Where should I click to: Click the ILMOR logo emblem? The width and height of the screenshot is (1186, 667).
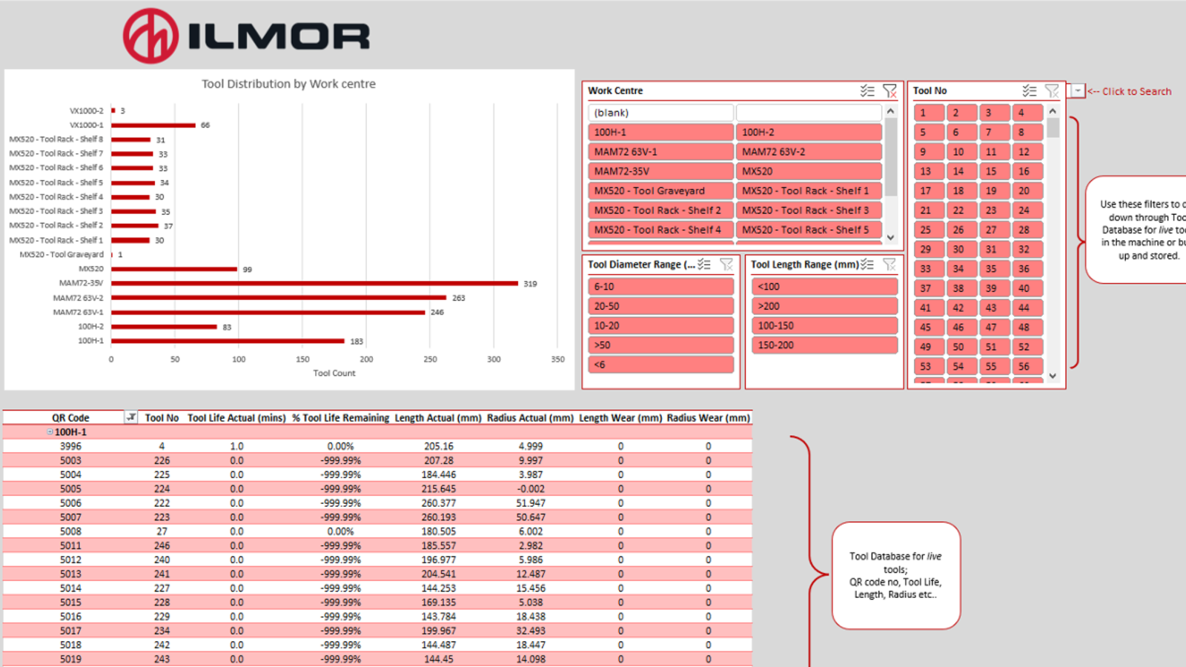150,36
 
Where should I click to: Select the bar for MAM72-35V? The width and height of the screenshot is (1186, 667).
314,283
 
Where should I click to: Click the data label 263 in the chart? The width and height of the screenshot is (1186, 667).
458,298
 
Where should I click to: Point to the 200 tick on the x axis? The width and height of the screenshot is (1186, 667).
366,359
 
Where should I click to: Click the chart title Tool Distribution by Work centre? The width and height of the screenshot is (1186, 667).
288,84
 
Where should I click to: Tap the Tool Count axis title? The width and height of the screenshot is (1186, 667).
334,374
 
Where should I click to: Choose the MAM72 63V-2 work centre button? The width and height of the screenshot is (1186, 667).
808,152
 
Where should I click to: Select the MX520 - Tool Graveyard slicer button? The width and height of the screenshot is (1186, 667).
660,190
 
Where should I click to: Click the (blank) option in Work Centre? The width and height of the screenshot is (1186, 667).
660,113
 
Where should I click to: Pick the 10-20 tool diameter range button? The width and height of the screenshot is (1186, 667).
660,325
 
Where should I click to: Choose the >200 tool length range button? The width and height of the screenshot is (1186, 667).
824,306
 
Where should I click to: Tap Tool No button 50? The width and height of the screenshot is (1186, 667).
958,347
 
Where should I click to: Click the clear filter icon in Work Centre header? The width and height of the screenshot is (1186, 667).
889,90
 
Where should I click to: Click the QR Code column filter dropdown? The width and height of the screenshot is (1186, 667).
131,417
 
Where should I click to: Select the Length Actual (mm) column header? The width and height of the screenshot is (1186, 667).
437,418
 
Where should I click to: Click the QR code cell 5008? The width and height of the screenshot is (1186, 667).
70,531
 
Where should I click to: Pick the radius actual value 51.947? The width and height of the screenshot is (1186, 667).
530,503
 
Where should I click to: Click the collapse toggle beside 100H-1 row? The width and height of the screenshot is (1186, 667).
50,432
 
